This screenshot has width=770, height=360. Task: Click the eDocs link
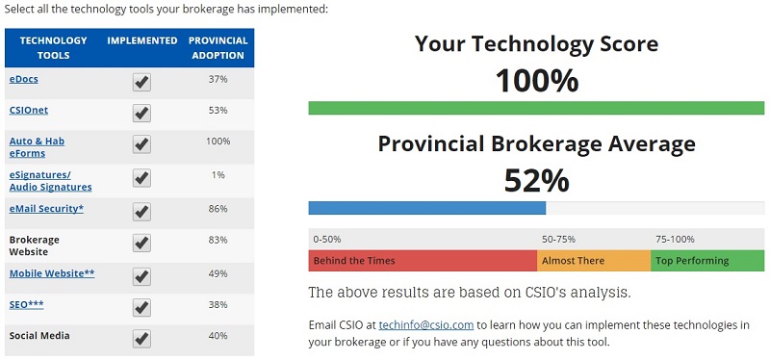pos(24,79)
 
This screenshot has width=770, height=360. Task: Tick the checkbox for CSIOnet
pos(141,114)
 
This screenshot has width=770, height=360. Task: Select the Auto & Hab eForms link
pos(37,147)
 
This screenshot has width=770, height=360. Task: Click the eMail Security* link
pos(46,209)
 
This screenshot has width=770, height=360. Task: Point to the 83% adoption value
pos(218,240)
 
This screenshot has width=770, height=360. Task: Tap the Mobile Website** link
pos(52,273)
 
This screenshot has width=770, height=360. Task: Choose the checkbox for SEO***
pos(141,307)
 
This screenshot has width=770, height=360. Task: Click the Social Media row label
pos(39,336)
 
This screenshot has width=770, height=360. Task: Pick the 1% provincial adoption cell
pos(218,175)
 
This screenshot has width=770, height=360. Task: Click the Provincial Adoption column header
pos(218,47)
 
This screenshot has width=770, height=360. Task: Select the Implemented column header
pos(142,40)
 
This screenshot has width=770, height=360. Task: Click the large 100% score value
pos(536,81)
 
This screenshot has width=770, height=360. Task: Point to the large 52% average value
pos(536,180)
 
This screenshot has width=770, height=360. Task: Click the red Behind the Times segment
pos(422,261)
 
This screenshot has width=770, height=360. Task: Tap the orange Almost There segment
pos(594,261)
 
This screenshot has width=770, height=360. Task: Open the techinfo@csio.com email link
pos(426,325)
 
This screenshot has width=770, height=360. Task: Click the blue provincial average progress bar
pos(426,208)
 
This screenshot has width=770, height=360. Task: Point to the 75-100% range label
pos(675,239)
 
